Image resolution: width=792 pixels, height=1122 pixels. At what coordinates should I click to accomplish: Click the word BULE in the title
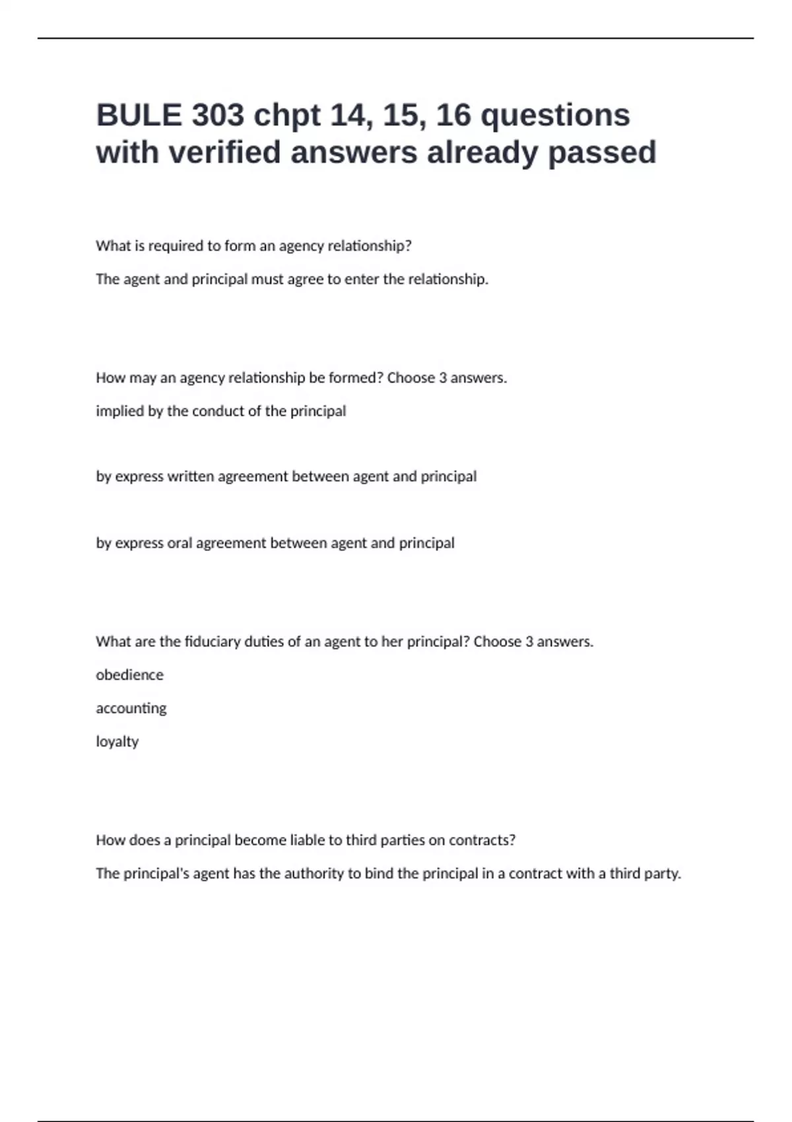coord(139,115)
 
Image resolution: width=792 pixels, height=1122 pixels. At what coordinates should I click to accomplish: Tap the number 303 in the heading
coord(218,115)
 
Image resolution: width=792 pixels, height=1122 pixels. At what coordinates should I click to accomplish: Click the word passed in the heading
coord(602,152)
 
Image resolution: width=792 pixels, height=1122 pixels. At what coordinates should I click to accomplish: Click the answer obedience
coord(129,675)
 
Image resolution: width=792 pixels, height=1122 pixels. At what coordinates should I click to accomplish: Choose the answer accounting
coord(131,709)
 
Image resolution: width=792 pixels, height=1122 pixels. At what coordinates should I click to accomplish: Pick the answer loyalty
coord(117,742)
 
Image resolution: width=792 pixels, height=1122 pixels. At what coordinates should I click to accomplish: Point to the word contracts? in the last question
coord(482,840)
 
